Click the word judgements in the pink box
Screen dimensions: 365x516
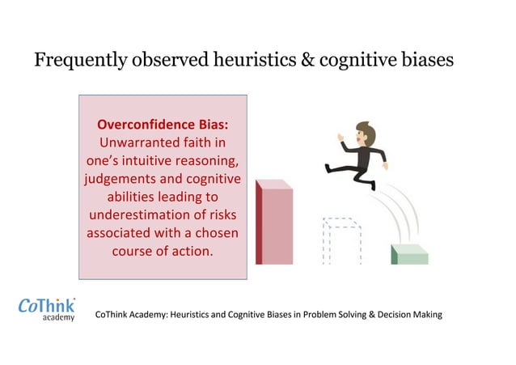(x=121, y=179)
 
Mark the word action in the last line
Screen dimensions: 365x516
(x=192, y=251)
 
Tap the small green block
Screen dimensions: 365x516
(x=409, y=254)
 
